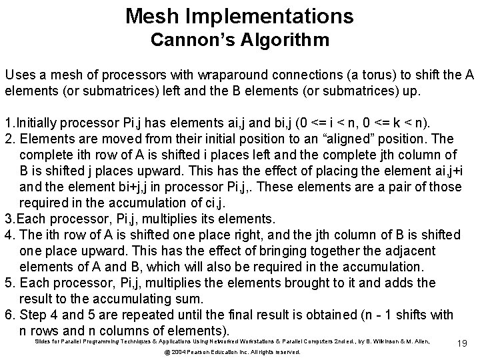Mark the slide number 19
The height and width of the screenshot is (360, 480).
[x=462, y=343]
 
